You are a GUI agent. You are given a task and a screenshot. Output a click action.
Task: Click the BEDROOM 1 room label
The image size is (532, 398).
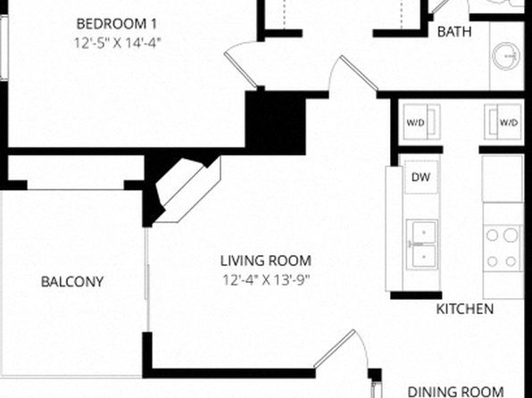(116, 24)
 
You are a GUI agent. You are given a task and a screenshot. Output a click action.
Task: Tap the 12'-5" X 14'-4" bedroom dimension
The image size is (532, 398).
(117, 43)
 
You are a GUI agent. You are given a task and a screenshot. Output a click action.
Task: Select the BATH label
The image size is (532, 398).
(454, 32)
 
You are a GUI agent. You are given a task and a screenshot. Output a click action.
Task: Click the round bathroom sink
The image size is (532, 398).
(506, 56)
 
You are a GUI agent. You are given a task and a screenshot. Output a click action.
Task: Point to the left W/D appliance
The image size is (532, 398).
(421, 122)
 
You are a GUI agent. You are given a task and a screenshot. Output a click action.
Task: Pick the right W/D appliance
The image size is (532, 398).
(503, 122)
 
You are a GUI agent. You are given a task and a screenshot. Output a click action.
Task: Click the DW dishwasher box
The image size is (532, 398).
(421, 177)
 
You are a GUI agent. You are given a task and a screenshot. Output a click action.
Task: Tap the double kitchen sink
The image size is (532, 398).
(422, 245)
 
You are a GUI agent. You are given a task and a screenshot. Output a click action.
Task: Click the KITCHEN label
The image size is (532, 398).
(464, 309)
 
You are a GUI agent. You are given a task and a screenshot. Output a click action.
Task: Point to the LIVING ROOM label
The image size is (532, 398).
(266, 261)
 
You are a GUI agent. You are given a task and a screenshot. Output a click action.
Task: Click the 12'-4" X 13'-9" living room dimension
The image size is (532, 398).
(266, 280)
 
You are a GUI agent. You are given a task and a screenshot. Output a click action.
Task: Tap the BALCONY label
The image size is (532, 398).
(72, 282)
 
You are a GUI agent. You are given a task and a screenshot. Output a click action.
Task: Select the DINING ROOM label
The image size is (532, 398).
(455, 392)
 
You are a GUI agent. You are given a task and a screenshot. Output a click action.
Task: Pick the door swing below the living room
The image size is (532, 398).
(339, 350)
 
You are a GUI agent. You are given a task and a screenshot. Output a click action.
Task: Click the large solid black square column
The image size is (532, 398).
(275, 123)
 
